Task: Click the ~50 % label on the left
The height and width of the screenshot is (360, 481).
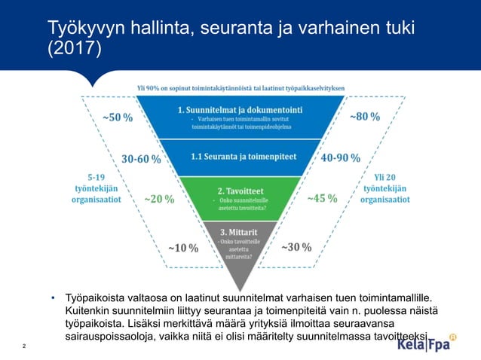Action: point(117,117)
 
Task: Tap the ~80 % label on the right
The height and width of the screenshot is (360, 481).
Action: point(364,117)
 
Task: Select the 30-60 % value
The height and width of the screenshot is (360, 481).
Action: point(141,159)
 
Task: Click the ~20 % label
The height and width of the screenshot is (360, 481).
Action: point(159,200)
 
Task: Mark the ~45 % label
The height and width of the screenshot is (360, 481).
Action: point(322,199)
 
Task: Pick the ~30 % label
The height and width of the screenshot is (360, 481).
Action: point(296,247)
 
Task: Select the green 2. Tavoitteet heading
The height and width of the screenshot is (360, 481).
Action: point(240,191)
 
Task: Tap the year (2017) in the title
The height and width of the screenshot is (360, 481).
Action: point(74,49)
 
